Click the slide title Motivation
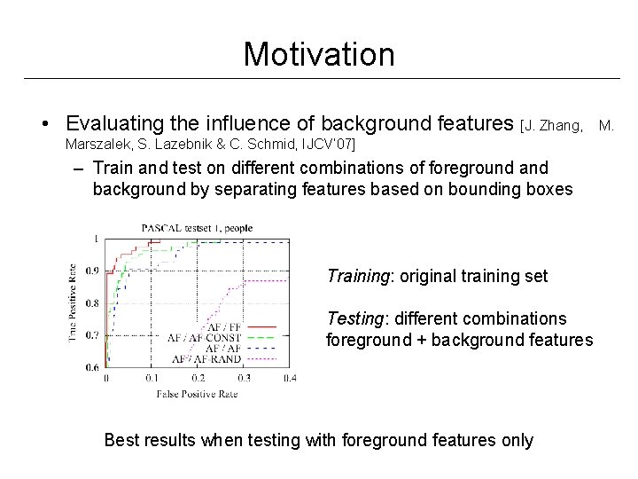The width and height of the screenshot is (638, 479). [x=319, y=54]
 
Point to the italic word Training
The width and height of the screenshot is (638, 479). [x=360, y=276]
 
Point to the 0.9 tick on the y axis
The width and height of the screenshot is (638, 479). [x=92, y=271]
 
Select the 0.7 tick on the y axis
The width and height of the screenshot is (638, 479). [x=92, y=335]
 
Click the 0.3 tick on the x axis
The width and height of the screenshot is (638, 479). [x=244, y=378]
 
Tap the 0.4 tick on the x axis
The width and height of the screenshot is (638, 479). [x=290, y=378]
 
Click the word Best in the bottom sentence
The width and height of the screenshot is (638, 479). [x=121, y=440]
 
